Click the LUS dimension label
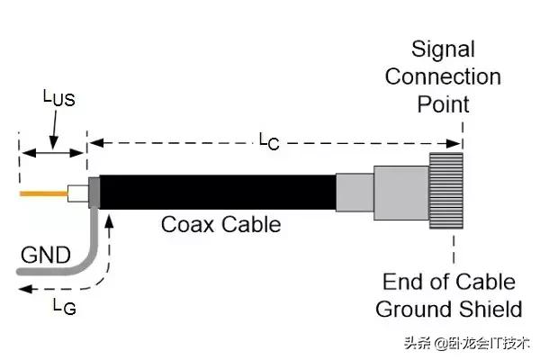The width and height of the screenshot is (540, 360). pos(58,98)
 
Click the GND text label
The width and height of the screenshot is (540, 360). pos(44,254)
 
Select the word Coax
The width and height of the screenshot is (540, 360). pos(188,223)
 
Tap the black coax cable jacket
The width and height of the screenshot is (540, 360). pos(216,191)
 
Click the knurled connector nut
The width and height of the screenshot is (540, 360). pos(446,191)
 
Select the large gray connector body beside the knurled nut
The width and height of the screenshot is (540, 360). pos(400,191)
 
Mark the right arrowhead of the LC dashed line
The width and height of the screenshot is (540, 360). pos(457,142)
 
